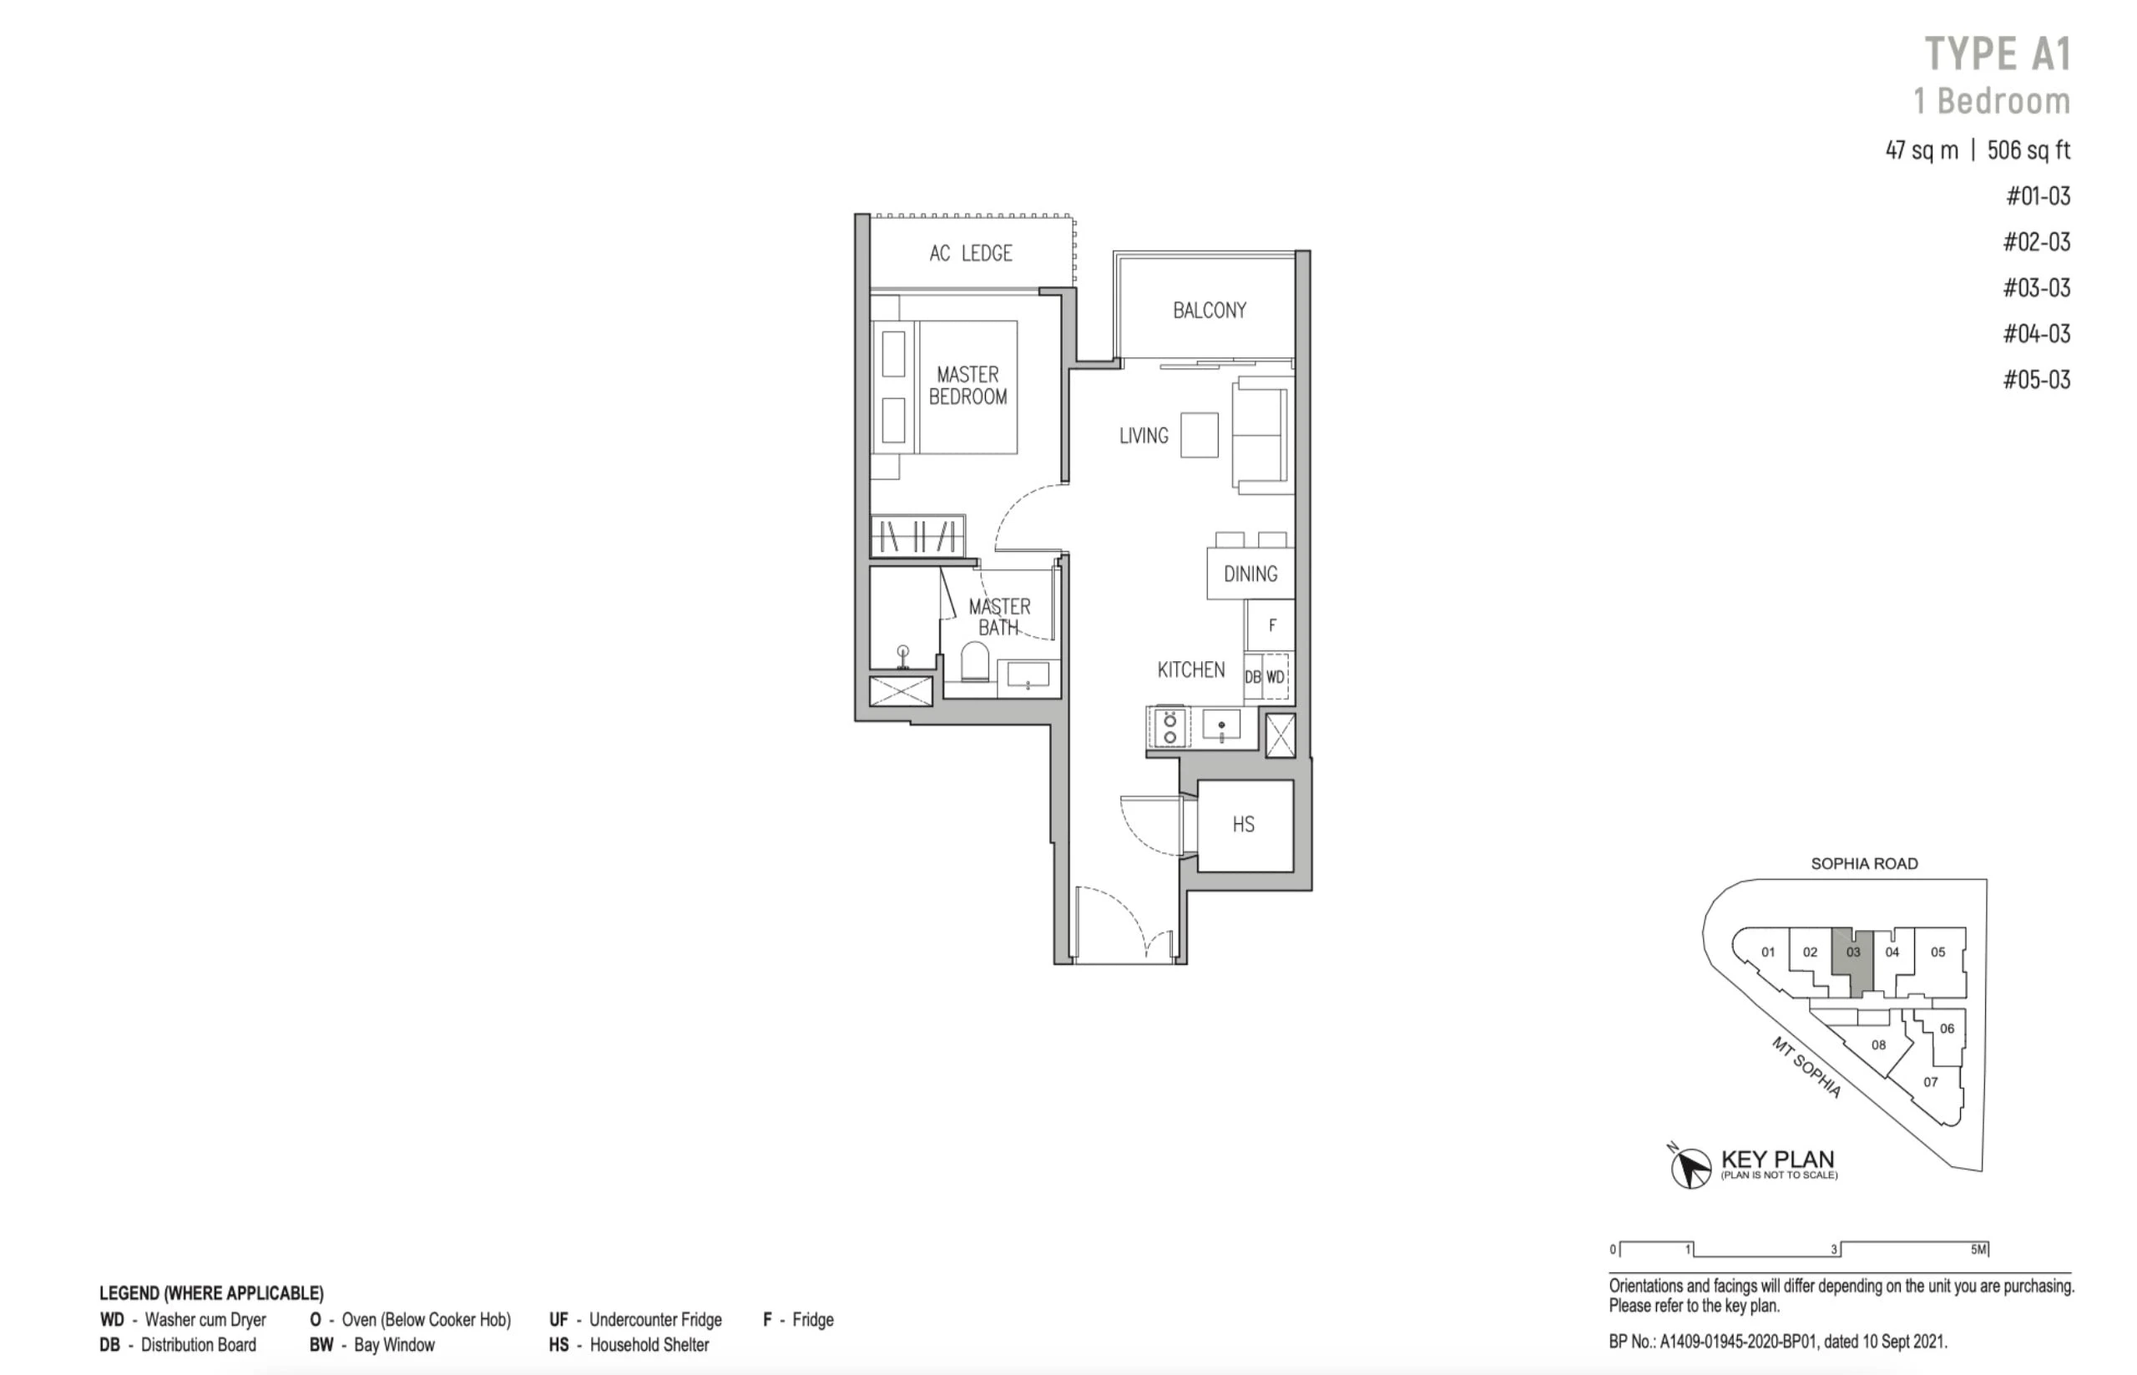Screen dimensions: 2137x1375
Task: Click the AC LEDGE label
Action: click(970, 254)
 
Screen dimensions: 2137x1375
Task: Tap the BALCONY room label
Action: click(1210, 311)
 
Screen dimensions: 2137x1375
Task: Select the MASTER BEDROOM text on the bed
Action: click(967, 386)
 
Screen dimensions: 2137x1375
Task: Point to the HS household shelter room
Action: click(1245, 825)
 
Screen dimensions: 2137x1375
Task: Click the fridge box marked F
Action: click(1271, 625)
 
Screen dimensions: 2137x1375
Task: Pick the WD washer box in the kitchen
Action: click(1276, 677)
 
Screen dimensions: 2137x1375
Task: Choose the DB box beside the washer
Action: click(1253, 677)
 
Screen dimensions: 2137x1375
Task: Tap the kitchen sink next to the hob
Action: click(1221, 725)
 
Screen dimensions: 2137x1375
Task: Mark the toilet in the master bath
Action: click(975, 663)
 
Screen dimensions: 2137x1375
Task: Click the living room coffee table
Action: click(1199, 435)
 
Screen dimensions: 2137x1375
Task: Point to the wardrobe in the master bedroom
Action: click(917, 536)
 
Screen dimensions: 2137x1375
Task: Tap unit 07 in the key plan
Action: click(1930, 1082)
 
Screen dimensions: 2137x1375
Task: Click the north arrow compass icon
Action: click(1689, 1167)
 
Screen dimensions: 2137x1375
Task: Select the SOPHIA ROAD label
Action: click(1864, 863)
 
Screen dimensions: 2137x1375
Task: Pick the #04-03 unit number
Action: click(2036, 334)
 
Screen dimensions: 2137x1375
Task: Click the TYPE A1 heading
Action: click(1997, 53)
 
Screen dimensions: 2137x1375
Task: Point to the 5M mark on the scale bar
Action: click(1979, 1249)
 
